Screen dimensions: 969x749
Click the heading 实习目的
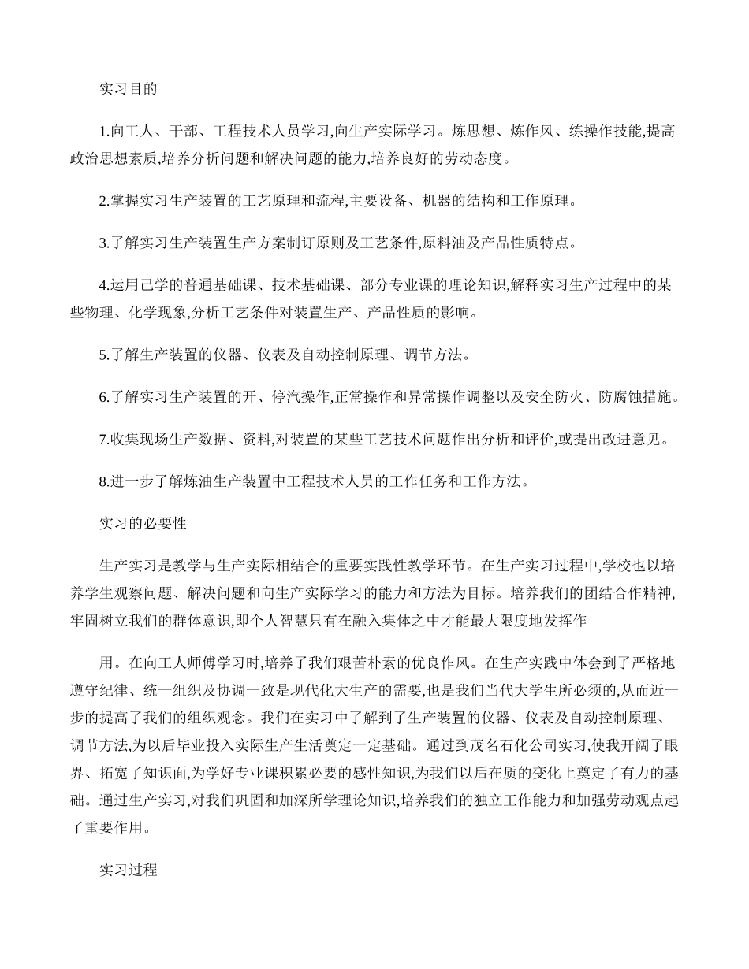pyautogui.click(x=128, y=89)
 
